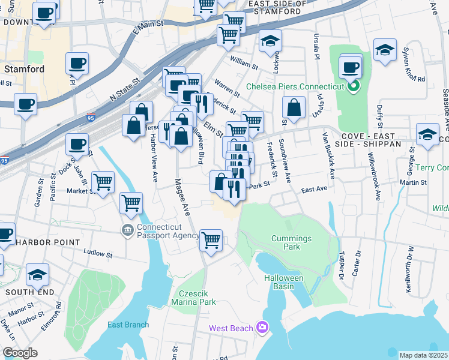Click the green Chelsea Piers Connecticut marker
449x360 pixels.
pos(354,86)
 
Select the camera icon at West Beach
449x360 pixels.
pos(262,327)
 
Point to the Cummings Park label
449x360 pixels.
pos(291,242)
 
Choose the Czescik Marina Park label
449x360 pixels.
pos(192,298)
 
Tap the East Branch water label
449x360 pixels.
pos(128,325)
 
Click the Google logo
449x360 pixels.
pos(20,353)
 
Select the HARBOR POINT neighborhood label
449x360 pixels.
pos(47,242)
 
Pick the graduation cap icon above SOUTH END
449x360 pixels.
pos(38,274)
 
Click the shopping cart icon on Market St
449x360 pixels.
pos(103,181)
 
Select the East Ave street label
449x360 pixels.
pos(314,189)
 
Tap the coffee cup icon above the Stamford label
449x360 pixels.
pos(77,62)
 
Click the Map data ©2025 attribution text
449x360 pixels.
pos(423,355)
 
